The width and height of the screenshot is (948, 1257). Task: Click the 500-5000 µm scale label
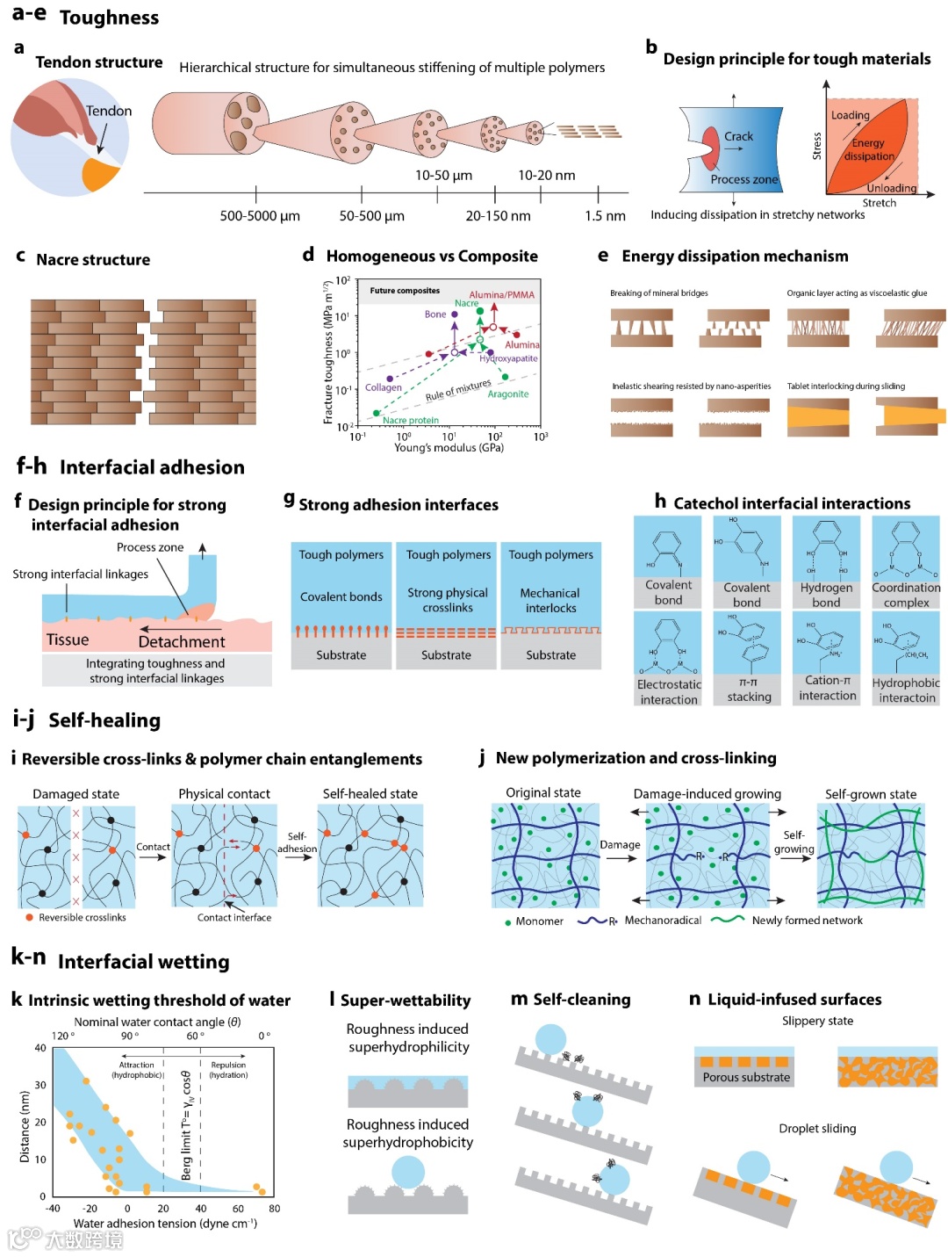260,216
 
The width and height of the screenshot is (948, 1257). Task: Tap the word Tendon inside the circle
109,112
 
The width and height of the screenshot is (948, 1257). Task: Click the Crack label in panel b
738,136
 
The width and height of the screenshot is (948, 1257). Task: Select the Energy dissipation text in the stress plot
869,149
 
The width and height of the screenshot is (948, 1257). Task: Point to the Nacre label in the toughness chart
466,303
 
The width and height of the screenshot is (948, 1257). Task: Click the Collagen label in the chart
384,387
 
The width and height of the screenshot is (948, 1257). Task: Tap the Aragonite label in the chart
508,394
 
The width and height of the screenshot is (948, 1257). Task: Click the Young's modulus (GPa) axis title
449,448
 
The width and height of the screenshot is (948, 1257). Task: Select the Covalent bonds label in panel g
341,597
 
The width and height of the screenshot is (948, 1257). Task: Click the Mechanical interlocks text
550,601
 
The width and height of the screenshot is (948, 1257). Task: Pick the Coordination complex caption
906,596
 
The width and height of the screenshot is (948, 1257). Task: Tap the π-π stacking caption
749,689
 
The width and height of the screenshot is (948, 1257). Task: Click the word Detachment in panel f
182,642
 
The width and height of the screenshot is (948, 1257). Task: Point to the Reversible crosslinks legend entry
82,918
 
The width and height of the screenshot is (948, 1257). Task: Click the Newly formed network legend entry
807,921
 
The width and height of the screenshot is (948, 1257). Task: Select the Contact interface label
234,918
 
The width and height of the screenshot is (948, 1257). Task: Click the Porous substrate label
746,1078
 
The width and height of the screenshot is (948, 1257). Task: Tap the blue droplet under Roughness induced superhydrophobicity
408,1172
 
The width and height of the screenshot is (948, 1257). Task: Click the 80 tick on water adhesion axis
274,1209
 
